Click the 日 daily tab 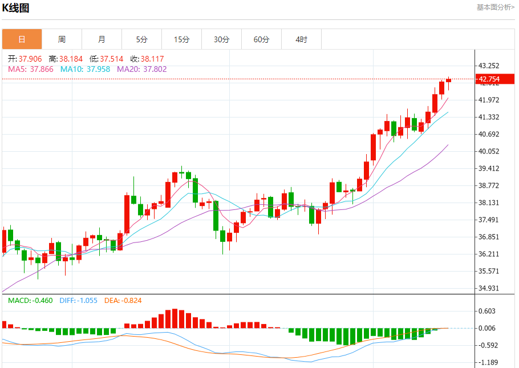[x=22, y=39]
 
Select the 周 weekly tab [x=62, y=39]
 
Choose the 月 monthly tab [x=102, y=39]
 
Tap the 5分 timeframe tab [x=141, y=39]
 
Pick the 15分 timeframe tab [x=181, y=39]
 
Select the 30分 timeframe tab [x=221, y=39]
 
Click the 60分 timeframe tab [x=261, y=39]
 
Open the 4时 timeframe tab [x=301, y=39]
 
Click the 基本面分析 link [x=495, y=7]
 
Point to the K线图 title [x=16, y=8]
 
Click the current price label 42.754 [x=489, y=79]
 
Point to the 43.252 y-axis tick [x=489, y=66]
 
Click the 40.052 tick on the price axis [x=489, y=151]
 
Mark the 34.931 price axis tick [x=489, y=288]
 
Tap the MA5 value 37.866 [x=42, y=69]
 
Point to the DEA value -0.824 [x=131, y=300]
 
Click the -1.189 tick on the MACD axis [x=489, y=362]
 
